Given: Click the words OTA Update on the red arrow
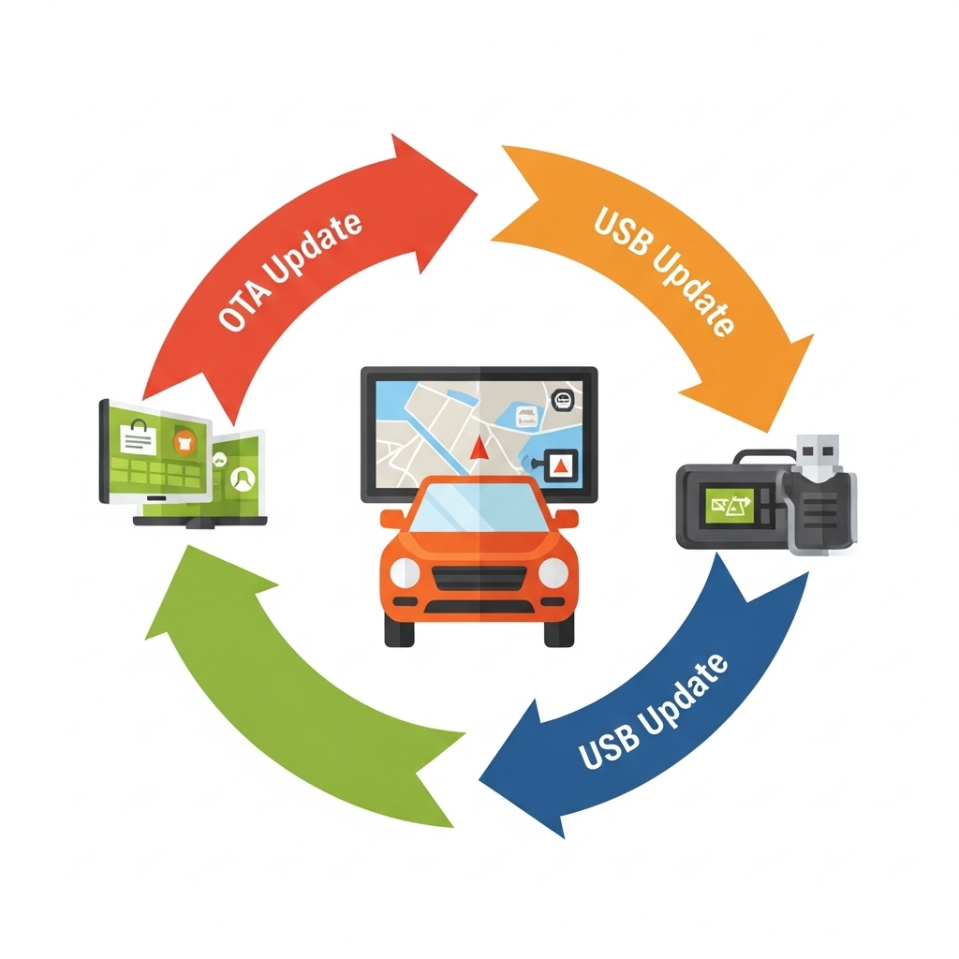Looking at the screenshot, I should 289,273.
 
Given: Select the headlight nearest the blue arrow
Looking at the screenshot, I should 553,572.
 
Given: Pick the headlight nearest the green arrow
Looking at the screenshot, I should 405,572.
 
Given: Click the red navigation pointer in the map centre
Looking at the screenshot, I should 479,447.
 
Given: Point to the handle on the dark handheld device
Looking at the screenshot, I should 759,458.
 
